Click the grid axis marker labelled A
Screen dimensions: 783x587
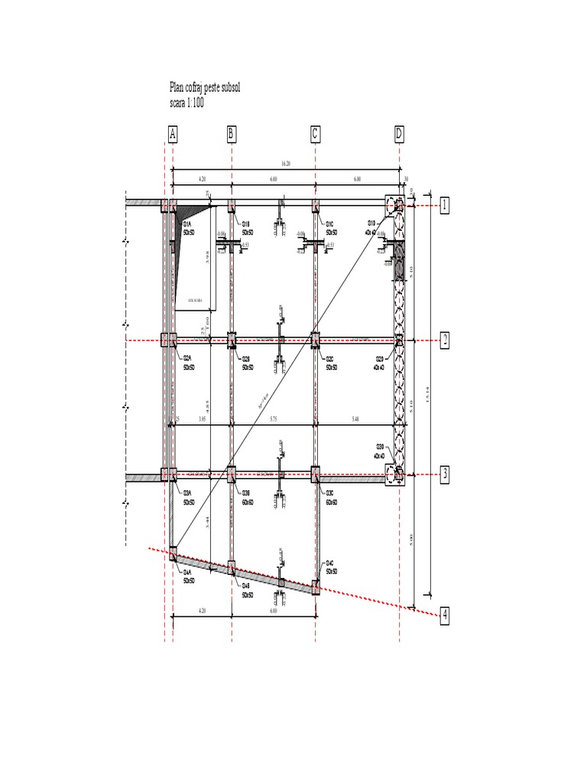pos(173,135)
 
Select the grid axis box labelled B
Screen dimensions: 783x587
pos(231,135)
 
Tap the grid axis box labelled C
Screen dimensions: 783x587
pos(315,135)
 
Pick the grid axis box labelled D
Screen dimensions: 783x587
pos(399,135)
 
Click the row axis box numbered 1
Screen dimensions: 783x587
pos(444,205)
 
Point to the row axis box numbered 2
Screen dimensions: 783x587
pos(444,340)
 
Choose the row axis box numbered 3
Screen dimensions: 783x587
pos(444,475)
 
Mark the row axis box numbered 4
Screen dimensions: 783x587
pos(444,616)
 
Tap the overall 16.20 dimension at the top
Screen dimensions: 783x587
pos(284,164)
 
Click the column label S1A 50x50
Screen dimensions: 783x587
pos(188,227)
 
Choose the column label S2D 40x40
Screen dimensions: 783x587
pos(380,362)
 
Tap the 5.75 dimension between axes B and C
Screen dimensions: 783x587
pos(272,420)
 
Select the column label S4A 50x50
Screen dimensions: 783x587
pos(188,576)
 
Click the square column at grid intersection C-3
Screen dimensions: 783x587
pos(316,474)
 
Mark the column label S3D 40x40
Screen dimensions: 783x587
pos(380,451)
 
